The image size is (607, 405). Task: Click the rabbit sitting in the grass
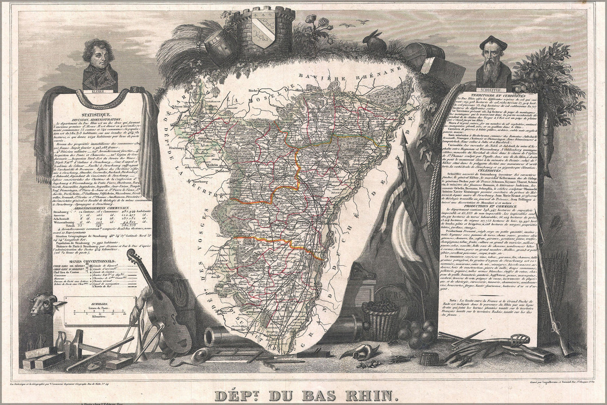[x=371, y=40]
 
